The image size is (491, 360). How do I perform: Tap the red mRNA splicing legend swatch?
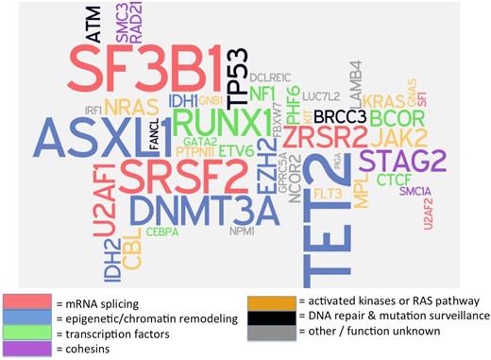point(25,303)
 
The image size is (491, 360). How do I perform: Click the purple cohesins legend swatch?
point(25,349)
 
